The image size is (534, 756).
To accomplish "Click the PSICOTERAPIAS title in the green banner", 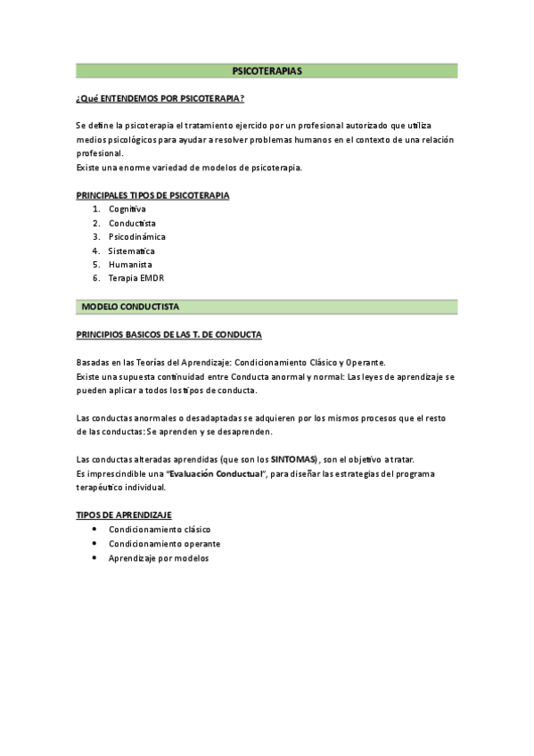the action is click(x=267, y=70).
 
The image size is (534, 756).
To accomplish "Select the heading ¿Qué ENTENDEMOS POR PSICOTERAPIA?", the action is click(x=160, y=97).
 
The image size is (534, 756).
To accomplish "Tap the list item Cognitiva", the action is click(x=127, y=209).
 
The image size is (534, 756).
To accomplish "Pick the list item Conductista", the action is click(x=132, y=223).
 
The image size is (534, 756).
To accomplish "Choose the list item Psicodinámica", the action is click(x=137, y=237).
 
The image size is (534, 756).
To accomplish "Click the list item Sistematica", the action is click(x=131, y=251).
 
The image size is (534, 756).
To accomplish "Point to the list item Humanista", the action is click(x=130, y=265).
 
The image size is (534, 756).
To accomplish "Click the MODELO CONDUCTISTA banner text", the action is click(x=130, y=307).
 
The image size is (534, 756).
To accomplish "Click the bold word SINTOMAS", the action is click(x=293, y=459).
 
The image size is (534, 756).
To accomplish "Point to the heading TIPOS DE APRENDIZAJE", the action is click(x=124, y=515).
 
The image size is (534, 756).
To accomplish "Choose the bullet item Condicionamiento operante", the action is click(x=164, y=543).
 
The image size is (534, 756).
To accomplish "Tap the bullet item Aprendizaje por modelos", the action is click(x=158, y=557).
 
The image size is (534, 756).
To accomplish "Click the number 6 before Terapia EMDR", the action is click(x=94, y=278).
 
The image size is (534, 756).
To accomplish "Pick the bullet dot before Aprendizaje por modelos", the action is click(x=94, y=557).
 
